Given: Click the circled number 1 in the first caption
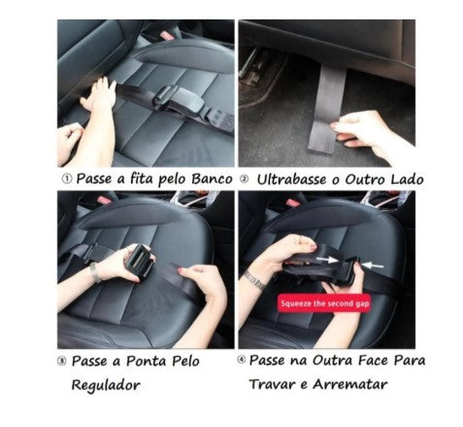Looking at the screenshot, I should (65, 179).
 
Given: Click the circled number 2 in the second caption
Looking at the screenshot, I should (246, 179).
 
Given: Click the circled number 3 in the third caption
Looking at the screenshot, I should (64, 360).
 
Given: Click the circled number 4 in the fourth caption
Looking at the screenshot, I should (245, 360).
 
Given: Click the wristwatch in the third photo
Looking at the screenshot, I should (94, 272).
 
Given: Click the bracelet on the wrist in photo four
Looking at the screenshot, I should (255, 280).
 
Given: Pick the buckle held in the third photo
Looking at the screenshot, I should (138, 262).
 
